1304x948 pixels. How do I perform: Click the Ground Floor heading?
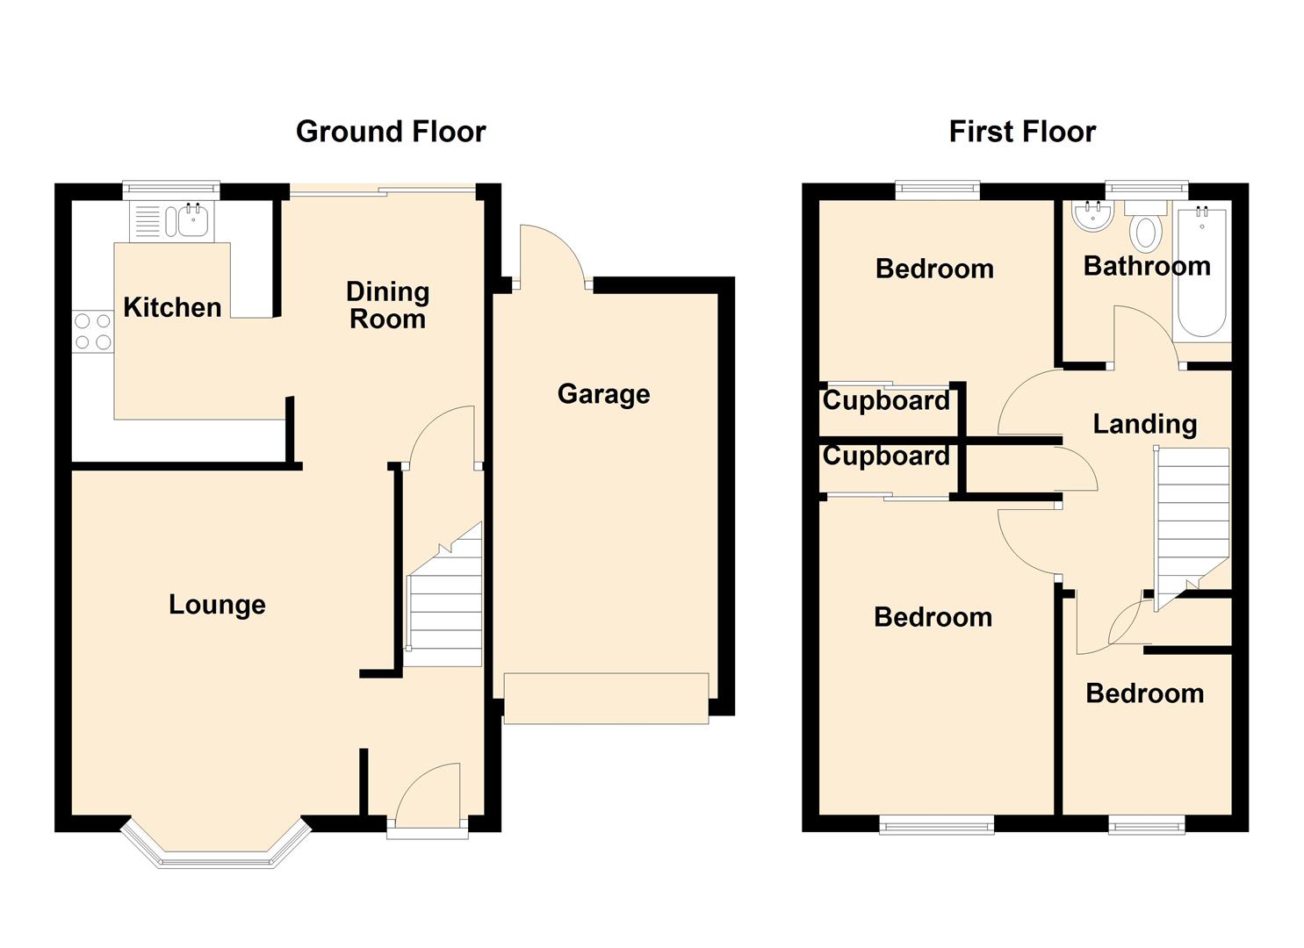(x=391, y=132)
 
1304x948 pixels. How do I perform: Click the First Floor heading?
(x=1022, y=132)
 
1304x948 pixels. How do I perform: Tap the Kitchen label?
(x=172, y=307)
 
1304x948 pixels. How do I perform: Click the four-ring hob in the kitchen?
(x=93, y=331)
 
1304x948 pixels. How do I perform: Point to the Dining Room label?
(x=388, y=305)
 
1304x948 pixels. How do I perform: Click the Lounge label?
(x=217, y=606)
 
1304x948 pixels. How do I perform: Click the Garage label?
(x=603, y=395)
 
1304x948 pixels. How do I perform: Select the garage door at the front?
(x=606, y=699)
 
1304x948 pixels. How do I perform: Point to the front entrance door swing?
(x=428, y=792)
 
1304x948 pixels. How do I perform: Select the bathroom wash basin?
(x=1092, y=217)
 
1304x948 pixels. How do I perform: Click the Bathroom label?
(x=1147, y=267)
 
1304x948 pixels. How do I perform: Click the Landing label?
(x=1145, y=424)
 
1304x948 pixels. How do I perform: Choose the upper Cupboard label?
(x=886, y=401)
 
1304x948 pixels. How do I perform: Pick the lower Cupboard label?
(x=886, y=456)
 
